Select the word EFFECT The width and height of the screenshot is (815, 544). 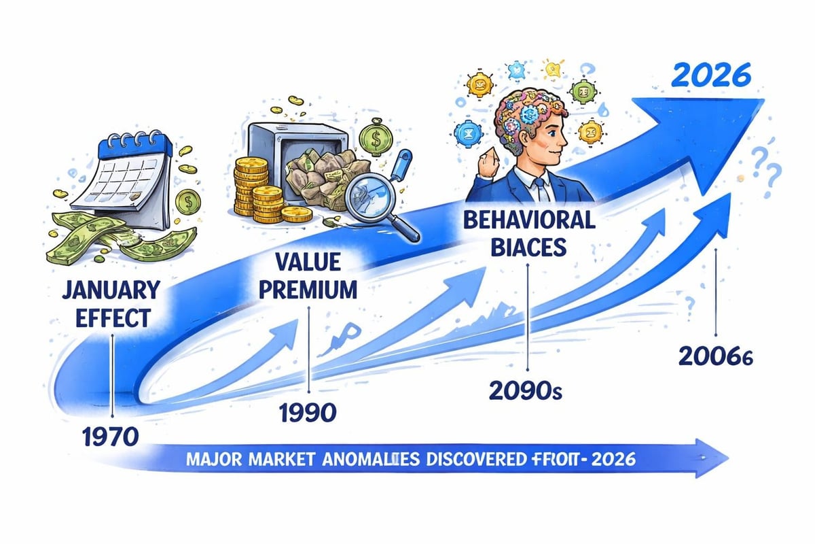(x=103, y=318)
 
